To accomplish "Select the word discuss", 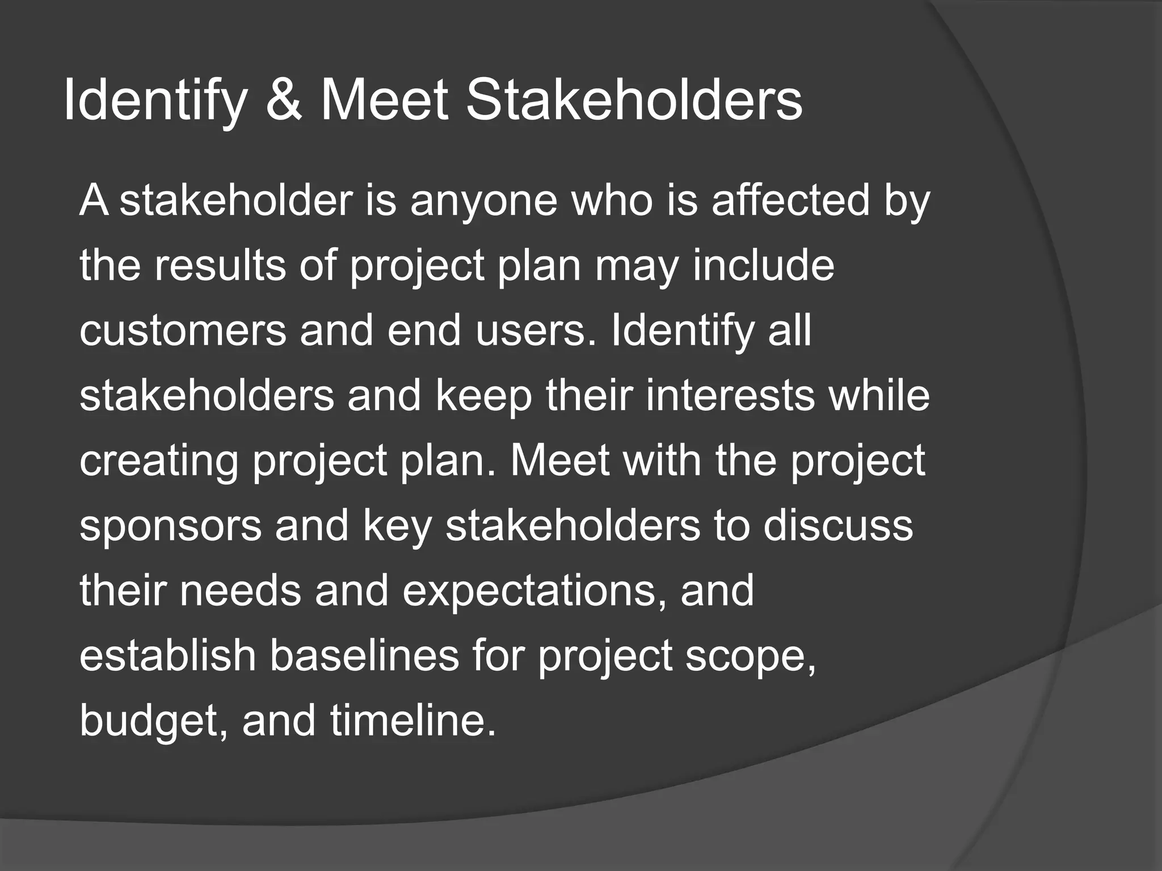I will [838, 526].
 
